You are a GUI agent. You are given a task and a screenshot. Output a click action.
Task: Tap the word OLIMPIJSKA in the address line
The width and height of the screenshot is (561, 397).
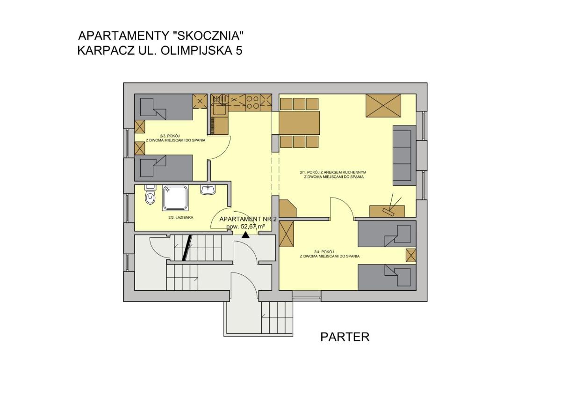pyautogui.click(x=195, y=51)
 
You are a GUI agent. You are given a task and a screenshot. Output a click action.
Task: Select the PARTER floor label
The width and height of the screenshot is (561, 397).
pyautogui.click(x=345, y=337)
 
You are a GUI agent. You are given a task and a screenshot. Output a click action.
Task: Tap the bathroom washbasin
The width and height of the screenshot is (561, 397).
pyautogui.click(x=208, y=190)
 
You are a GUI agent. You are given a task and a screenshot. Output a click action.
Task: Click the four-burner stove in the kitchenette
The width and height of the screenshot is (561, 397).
pyautogui.click(x=252, y=103)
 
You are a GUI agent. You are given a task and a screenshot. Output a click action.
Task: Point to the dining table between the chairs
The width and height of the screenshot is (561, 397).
pyautogui.click(x=299, y=123)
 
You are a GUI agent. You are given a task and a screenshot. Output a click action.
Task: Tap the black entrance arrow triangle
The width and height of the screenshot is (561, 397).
pyautogui.click(x=246, y=235)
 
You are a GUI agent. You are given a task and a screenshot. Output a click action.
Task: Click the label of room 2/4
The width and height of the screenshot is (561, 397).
pyautogui.click(x=330, y=254)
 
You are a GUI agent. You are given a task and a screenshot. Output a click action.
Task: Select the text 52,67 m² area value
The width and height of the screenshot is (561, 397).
pyautogui.click(x=253, y=227)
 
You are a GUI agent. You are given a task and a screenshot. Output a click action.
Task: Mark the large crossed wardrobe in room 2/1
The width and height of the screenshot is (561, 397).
pyautogui.click(x=383, y=106)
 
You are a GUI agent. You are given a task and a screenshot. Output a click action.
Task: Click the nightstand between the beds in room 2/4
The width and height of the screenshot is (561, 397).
pyautogui.click(x=411, y=255)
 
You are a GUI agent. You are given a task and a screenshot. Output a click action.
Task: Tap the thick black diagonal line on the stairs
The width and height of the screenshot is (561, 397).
pyautogui.click(x=187, y=248)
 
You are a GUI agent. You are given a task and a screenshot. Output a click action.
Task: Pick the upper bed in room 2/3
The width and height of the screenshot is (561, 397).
pyautogui.click(x=164, y=107)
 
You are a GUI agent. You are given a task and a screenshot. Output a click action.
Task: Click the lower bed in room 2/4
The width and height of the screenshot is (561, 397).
pyautogui.click(x=387, y=277)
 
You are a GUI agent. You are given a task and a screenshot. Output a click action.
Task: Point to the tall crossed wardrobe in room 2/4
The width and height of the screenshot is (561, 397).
pyautogui.click(x=286, y=234)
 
